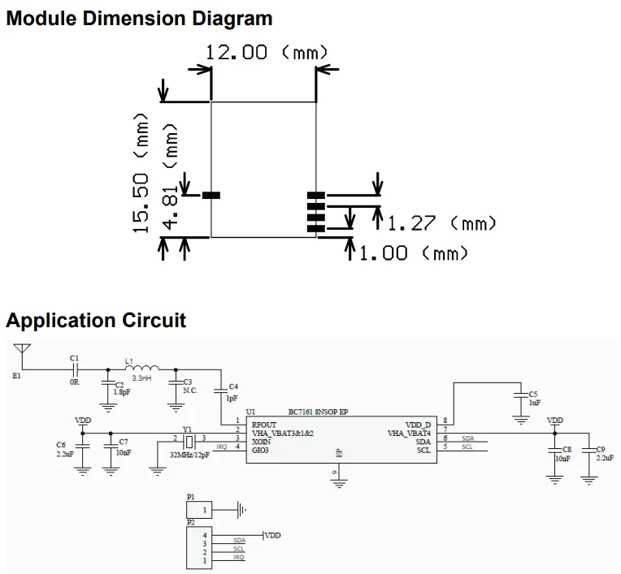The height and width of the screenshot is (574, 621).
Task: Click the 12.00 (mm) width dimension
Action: click(266, 53)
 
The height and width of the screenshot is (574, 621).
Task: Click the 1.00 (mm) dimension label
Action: click(413, 253)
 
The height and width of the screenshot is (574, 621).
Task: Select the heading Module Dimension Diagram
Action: click(139, 18)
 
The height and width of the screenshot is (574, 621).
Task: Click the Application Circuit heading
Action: click(96, 320)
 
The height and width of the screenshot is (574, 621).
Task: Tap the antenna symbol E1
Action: click(21, 352)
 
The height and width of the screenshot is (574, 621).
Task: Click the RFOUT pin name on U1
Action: click(264, 425)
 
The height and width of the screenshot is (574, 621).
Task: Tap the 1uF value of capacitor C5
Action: click(534, 402)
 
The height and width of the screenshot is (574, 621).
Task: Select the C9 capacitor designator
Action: click(601, 450)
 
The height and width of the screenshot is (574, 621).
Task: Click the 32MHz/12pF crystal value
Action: click(189, 455)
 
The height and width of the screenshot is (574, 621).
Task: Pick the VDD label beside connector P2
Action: click(272, 535)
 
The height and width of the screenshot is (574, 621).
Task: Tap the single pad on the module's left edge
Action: click(211, 195)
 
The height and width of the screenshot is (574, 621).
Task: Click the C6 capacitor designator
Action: click(61, 445)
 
